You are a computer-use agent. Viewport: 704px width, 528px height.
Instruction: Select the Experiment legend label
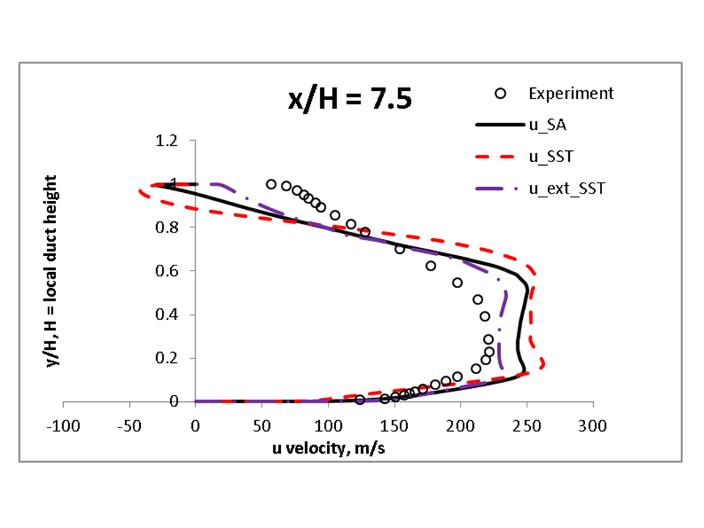tap(571, 94)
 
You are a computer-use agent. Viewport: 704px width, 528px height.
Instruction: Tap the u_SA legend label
tap(546, 125)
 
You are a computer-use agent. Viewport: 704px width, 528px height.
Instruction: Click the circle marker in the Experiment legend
tap(502, 94)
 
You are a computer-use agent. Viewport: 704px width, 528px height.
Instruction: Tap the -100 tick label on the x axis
tap(63, 426)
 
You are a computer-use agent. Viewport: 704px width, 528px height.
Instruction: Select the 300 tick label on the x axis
tap(593, 426)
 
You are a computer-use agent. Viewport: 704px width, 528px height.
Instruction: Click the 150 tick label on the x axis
tap(394, 426)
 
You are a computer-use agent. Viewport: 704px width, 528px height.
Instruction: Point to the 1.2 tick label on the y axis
tap(167, 140)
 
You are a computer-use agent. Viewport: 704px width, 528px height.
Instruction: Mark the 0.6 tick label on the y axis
tap(167, 271)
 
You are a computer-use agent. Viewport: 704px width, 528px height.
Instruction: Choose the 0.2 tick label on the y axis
tap(167, 358)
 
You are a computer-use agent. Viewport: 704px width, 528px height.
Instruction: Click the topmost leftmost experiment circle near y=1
tap(271, 184)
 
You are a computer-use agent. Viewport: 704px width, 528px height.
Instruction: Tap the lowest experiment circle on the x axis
tap(359, 400)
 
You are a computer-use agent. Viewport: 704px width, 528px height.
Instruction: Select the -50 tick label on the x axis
tap(128, 426)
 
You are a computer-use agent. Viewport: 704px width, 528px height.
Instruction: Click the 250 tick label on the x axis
tap(527, 426)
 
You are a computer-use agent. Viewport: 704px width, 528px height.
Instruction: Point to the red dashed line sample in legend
tap(502, 157)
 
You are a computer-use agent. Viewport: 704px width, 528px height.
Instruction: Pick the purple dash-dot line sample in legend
tap(502, 188)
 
